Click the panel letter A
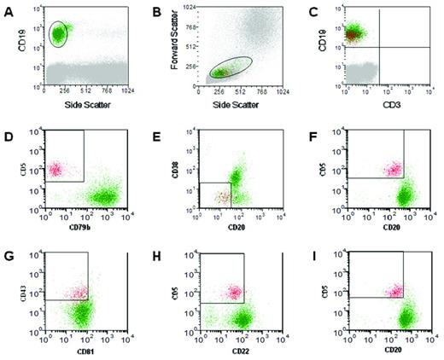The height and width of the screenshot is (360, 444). (9, 9)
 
